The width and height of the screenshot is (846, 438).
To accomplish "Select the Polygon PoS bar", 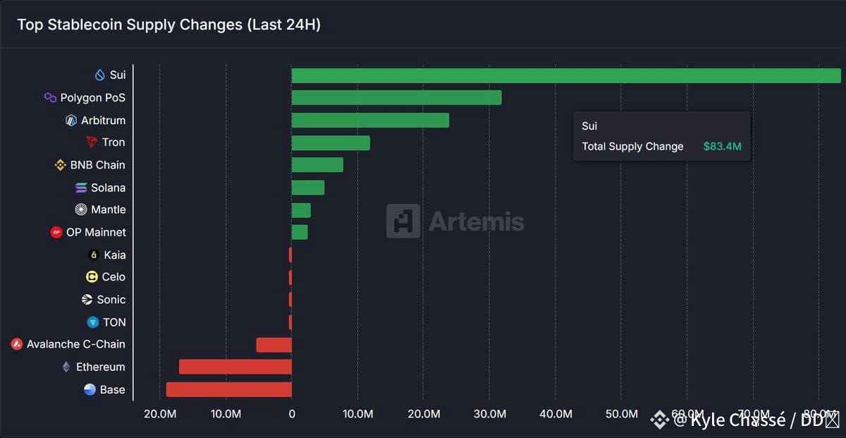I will coord(396,98).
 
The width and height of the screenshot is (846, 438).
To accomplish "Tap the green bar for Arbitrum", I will coord(370,121).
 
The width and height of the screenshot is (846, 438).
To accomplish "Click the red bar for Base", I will coord(229,389).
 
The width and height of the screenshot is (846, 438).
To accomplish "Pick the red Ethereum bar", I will coord(235,367).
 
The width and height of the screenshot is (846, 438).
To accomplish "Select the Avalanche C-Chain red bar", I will coord(274,345).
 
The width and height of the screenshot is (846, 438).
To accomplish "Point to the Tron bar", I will coord(331,143).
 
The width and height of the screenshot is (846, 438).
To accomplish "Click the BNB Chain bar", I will coord(317,165).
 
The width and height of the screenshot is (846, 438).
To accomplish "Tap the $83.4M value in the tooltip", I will coord(722,147).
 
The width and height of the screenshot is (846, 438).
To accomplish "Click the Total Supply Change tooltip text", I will coord(632,147).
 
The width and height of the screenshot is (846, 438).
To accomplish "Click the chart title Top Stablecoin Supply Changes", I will coord(168,25).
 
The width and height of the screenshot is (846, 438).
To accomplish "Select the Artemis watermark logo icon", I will coord(403,221).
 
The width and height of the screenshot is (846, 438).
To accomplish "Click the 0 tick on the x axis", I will coord(292,414).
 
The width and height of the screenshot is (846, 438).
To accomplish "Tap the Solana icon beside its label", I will coord(81,188).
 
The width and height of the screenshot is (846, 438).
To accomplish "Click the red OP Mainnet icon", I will coord(56,232).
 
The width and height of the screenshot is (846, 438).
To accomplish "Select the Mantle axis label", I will coord(108,209).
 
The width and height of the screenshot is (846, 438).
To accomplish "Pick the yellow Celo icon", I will coord(92,277).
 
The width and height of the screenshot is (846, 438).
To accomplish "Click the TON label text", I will coord(114,322).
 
